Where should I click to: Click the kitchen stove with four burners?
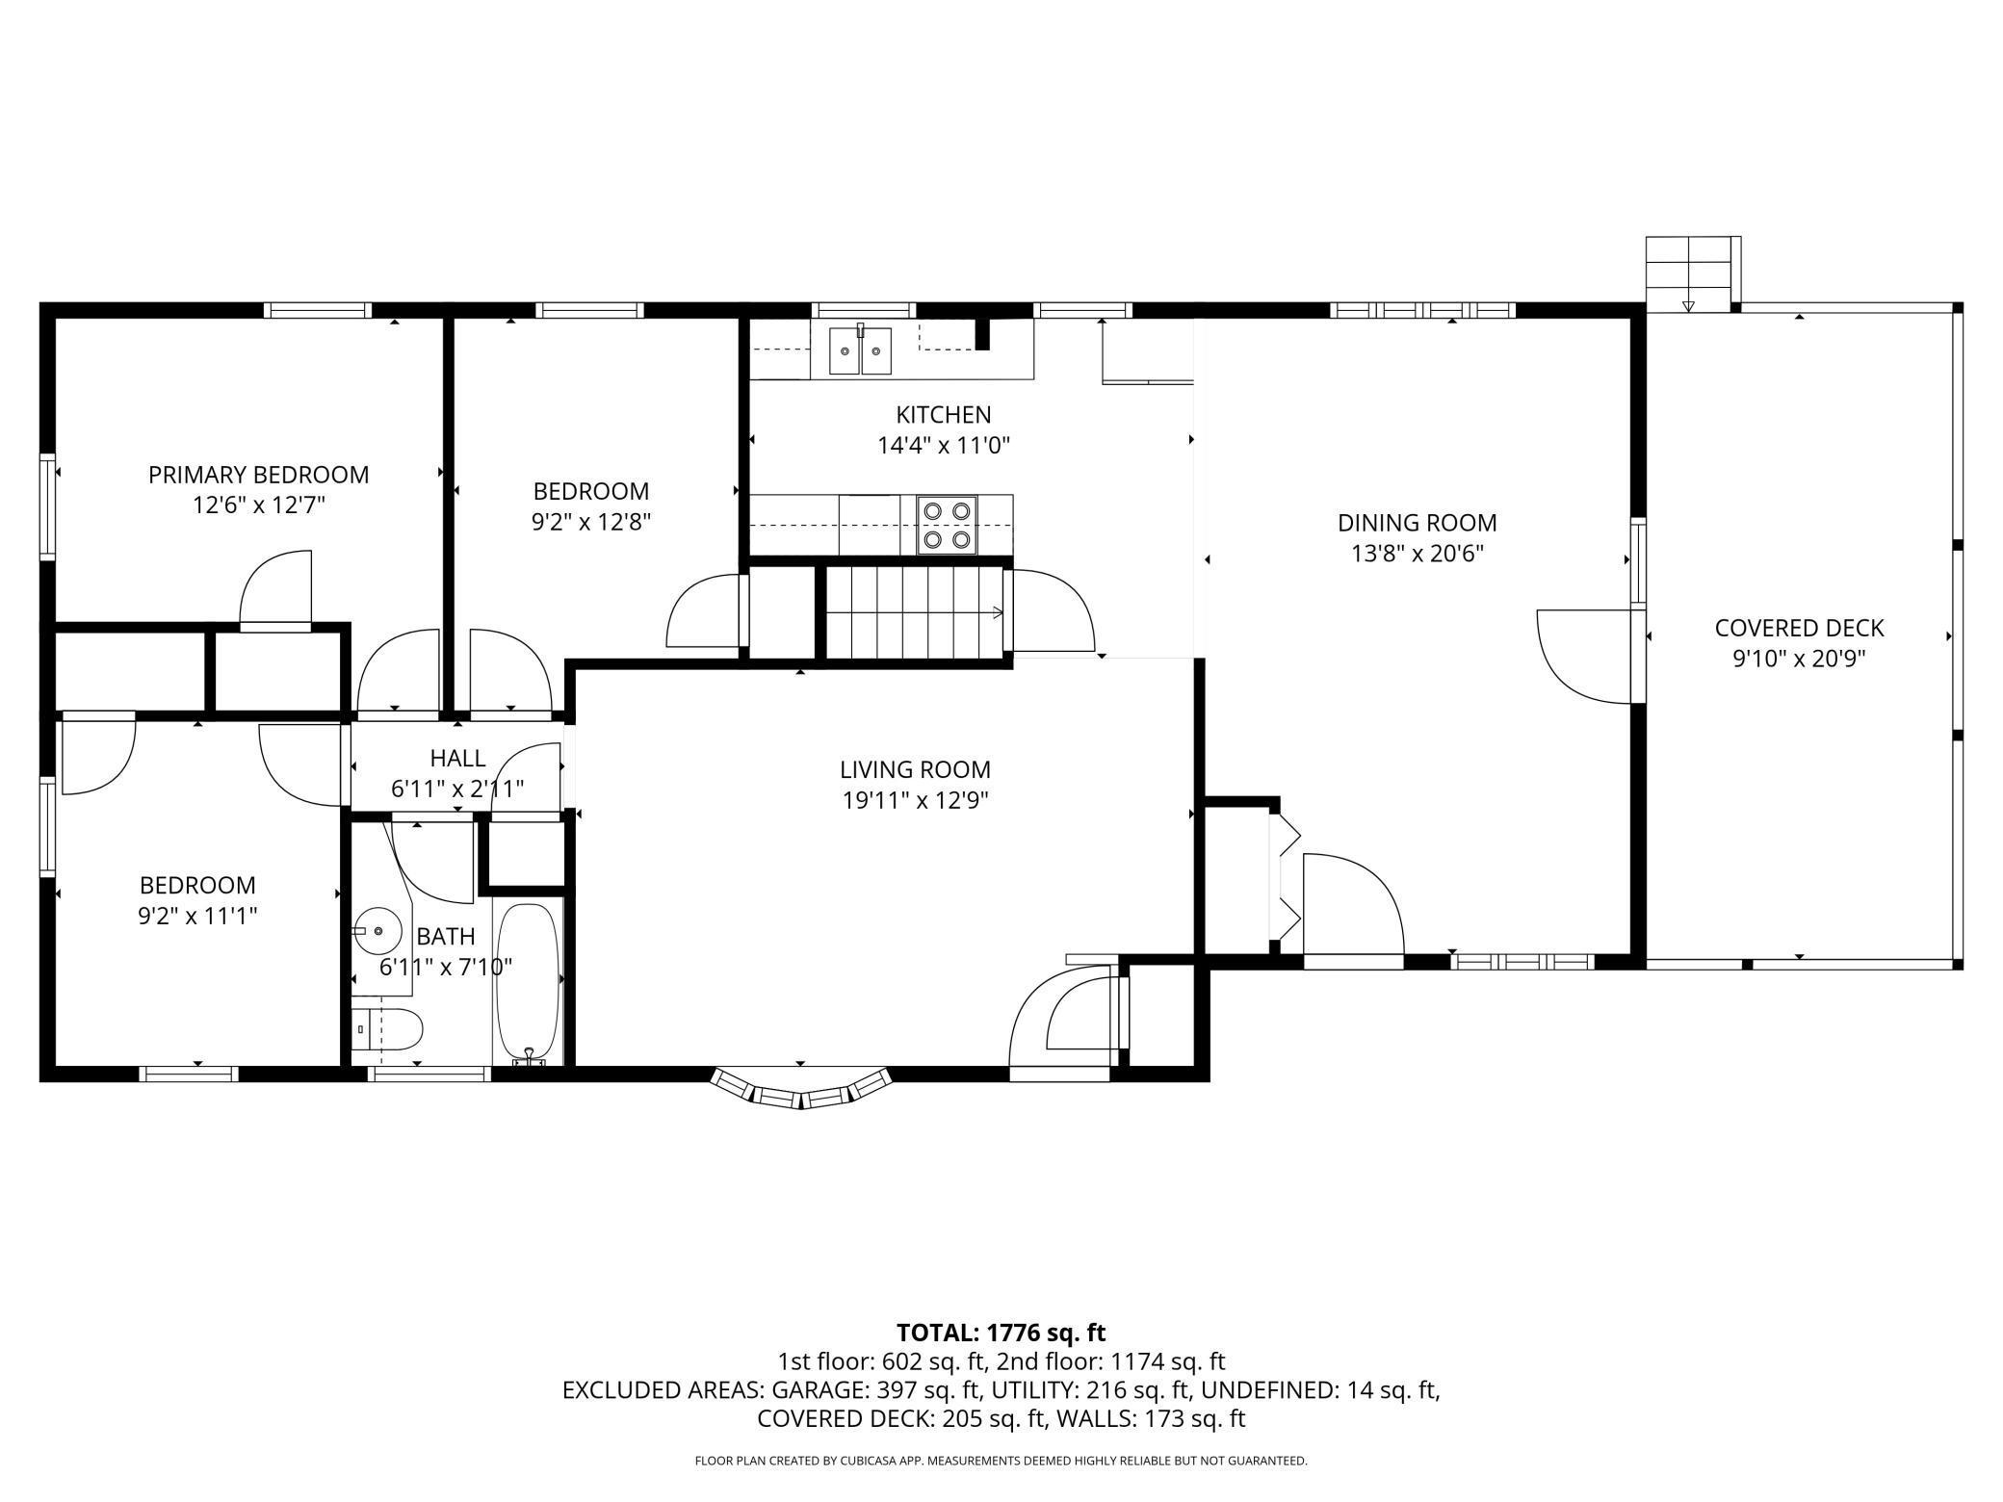point(947,525)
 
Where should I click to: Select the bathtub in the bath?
point(526,983)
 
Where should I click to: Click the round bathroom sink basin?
point(377,931)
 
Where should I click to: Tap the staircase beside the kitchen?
point(915,612)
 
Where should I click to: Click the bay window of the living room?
point(800,1089)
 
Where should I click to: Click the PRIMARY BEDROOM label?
point(258,475)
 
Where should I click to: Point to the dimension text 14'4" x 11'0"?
point(944,446)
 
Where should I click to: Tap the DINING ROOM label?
point(1418,523)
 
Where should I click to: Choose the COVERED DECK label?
point(1799,628)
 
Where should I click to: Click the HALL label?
point(457,759)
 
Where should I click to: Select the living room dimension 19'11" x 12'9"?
point(916,800)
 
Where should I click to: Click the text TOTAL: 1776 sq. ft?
point(1001,1333)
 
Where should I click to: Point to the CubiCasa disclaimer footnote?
point(1001,1461)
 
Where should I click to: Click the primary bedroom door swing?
point(275,588)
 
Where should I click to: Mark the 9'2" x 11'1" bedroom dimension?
point(197,915)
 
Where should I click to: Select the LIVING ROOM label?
point(915,769)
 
